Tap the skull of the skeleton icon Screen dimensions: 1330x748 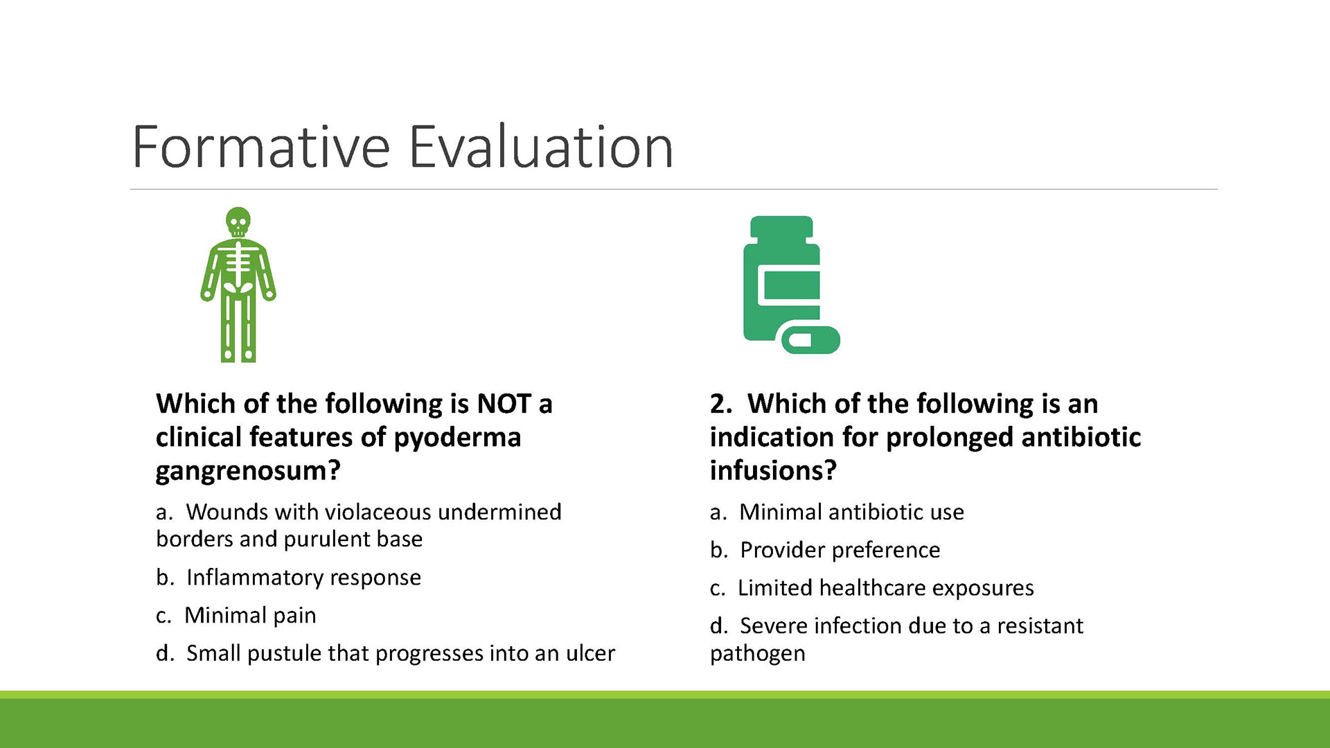point(238,222)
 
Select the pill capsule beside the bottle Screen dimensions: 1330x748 point(811,340)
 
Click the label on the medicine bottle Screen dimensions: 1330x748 point(790,285)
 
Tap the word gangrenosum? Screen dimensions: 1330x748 point(248,472)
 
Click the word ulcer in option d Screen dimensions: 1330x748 point(590,653)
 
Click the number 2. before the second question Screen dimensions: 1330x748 point(721,404)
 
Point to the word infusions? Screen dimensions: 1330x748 point(773,471)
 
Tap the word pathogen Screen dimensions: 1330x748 point(758,654)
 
